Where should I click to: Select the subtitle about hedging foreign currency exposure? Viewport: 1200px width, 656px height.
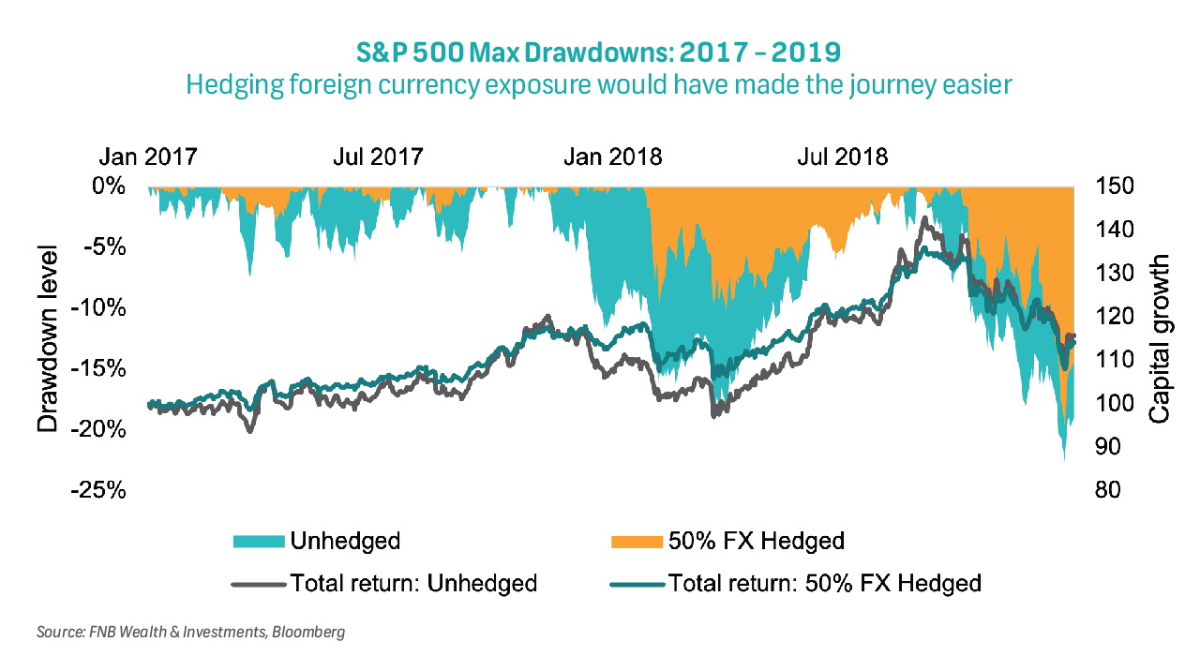click(600, 84)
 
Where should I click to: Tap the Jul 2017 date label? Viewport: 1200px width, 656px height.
click(378, 156)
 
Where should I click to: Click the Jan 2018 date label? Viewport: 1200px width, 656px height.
click(612, 156)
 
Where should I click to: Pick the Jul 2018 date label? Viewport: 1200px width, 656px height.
click(842, 156)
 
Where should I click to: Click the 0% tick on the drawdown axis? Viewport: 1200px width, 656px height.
click(110, 186)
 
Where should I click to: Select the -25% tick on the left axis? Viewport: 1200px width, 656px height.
click(102, 490)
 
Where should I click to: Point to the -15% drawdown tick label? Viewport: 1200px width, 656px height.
click(102, 368)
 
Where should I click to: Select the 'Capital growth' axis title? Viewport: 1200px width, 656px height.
click(1160, 338)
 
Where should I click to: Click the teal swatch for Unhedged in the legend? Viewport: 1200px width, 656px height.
click(258, 541)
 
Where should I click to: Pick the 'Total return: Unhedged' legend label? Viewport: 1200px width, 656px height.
click(413, 583)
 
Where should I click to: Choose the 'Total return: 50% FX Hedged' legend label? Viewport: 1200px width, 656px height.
click(825, 583)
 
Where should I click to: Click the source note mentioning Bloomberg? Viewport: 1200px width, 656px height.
click(190, 633)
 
